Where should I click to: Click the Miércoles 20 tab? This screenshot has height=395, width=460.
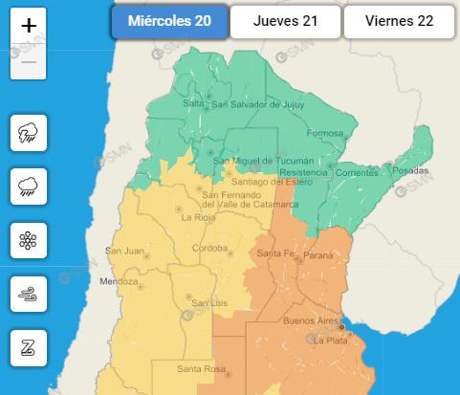(170, 22)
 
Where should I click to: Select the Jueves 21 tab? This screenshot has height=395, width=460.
(285, 22)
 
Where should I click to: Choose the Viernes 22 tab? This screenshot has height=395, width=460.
(400, 22)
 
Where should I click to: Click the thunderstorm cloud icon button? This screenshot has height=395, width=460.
(28, 133)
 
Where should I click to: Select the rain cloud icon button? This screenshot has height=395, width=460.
(28, 187)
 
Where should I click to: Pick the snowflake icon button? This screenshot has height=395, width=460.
(28, 240)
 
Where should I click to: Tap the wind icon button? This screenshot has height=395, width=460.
(28, 294)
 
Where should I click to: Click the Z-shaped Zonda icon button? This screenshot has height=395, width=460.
(28, 347)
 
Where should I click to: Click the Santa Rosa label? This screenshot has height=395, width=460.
(200, 369)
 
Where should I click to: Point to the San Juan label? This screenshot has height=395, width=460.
(124, 252)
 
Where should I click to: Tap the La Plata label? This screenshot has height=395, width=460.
(329, 340)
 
